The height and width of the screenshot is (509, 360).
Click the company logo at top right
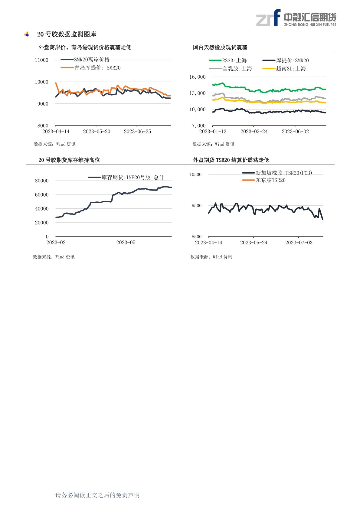click(x=296, y=18)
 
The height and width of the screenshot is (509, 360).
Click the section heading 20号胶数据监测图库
click(x=67, y=34)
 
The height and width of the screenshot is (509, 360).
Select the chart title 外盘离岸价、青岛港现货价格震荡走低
click(x=85, y=47)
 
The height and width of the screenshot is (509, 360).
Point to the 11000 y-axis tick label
click(x=41, y=60)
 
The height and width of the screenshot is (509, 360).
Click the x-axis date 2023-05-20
click(x=97, y=132)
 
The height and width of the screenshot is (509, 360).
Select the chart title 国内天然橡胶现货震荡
click(x=220, y=47)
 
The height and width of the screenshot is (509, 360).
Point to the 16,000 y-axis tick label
click(x=197, y=77)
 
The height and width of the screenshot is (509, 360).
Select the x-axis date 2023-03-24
click(x=254, y=132)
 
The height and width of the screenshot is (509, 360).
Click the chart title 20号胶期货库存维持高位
click(x=69, y=160)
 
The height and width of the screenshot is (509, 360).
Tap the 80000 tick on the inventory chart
click(x=41, y=181)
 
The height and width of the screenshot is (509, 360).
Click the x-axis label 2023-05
click(x=126, y=243)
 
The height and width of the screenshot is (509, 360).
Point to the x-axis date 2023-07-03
click(x=299, y=243)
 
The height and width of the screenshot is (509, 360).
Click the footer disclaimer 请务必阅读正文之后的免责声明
click(x=97, y=495)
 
